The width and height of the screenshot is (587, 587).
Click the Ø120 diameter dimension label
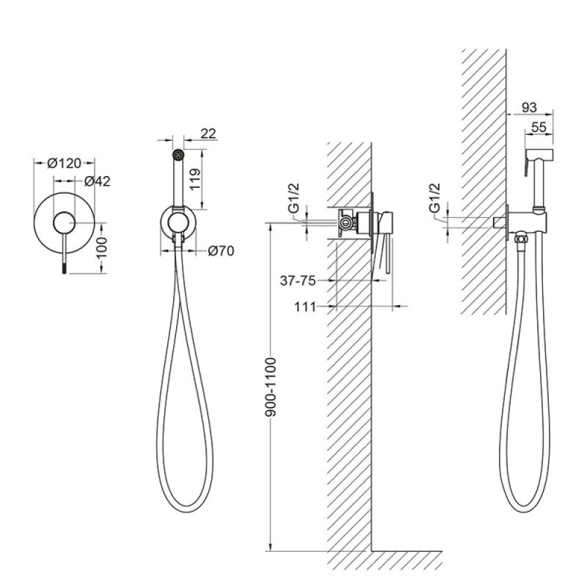click(x=64, y=164)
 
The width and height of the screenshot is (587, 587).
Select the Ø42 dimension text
click(x=98, y=181)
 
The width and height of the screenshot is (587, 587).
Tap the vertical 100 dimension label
click(x=101, y=247)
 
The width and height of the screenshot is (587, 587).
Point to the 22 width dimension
click(x=208, y=134)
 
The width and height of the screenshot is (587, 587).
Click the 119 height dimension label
click(x=195, y=179)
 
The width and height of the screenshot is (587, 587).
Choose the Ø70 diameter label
click(x=221, y=251)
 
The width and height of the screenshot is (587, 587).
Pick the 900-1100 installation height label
click(x=270, y=387)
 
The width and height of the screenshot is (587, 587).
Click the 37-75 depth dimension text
click(x=298, y=280)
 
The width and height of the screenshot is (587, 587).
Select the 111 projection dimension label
click(x=305, y=307)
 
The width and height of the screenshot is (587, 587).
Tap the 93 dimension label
click(x=529, y=108)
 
